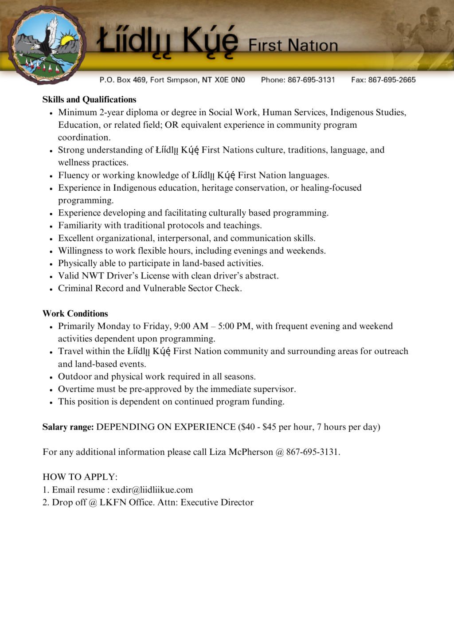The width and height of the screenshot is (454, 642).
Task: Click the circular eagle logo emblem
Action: point(47,45)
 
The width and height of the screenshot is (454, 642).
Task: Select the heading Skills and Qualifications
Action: point(89,99)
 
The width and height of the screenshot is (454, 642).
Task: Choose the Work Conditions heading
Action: point(75,313)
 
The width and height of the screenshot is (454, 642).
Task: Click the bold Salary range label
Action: point(68,427)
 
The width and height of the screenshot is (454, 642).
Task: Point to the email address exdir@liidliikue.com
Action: point(152,490)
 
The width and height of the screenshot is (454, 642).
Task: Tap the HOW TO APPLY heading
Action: point(80,477)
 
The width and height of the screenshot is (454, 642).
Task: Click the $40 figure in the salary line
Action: point(248,427)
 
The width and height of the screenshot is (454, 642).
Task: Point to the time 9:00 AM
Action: point(191,326)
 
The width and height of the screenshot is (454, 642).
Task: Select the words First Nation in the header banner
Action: point(293,45)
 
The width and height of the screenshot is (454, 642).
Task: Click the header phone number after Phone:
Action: point(311,80)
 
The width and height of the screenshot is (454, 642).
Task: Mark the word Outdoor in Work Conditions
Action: point(74,376)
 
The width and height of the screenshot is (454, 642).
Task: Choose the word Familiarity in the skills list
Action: point(80,225)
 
